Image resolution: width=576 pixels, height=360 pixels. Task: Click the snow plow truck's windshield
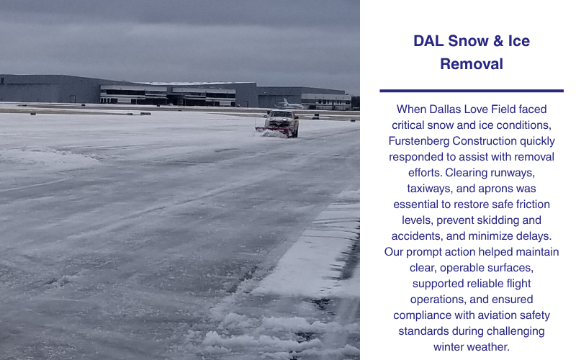pos(279,115)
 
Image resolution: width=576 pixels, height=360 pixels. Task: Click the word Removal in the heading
pos(472,64)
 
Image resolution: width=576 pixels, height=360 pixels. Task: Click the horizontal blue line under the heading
pos(472,91)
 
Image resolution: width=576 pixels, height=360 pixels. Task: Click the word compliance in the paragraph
pos(425,315)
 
